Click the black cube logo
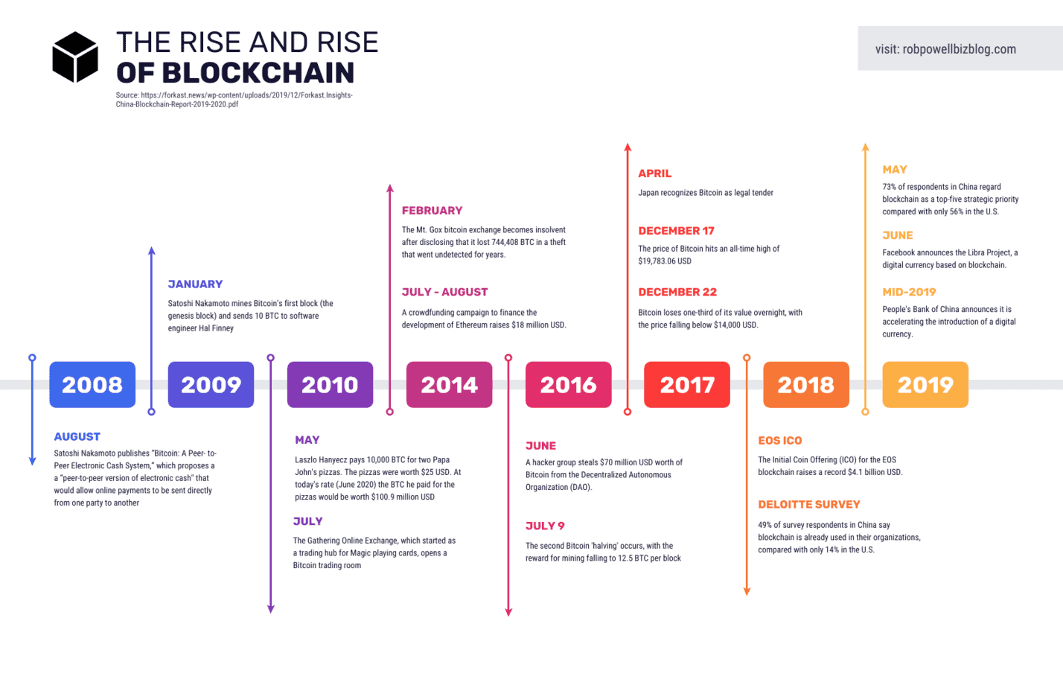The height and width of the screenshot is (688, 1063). pos(75,57)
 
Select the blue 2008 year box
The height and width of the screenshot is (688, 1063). pos(92,384)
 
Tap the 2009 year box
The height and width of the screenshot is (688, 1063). pos(211,384)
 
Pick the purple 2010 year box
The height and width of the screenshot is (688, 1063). pos(330,384)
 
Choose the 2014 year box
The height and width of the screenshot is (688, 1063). pos(449,384)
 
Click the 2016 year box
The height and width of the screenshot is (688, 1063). pos(568,384)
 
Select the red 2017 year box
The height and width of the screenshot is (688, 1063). pos(686,384)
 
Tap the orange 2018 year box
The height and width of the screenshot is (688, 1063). pos(805,384)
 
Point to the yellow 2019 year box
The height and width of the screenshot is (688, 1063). pos(925,384)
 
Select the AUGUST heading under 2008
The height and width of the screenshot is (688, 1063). pos(77,437)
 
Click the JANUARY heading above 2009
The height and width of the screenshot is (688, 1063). pos(195,284)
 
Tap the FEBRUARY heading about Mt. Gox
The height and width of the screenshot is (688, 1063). pos(432,211)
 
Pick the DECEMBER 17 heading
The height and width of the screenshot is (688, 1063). pos(676,231)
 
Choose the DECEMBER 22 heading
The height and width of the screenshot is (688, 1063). pos(677,292)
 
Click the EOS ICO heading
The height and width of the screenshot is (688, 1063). pos(779,441)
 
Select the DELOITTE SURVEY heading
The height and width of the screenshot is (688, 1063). pos(808,505)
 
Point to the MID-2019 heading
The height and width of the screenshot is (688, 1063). pos(909,292)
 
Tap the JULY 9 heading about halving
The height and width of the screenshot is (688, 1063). pos(545,526)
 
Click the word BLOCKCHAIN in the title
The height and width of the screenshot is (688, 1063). pos(258,73)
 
